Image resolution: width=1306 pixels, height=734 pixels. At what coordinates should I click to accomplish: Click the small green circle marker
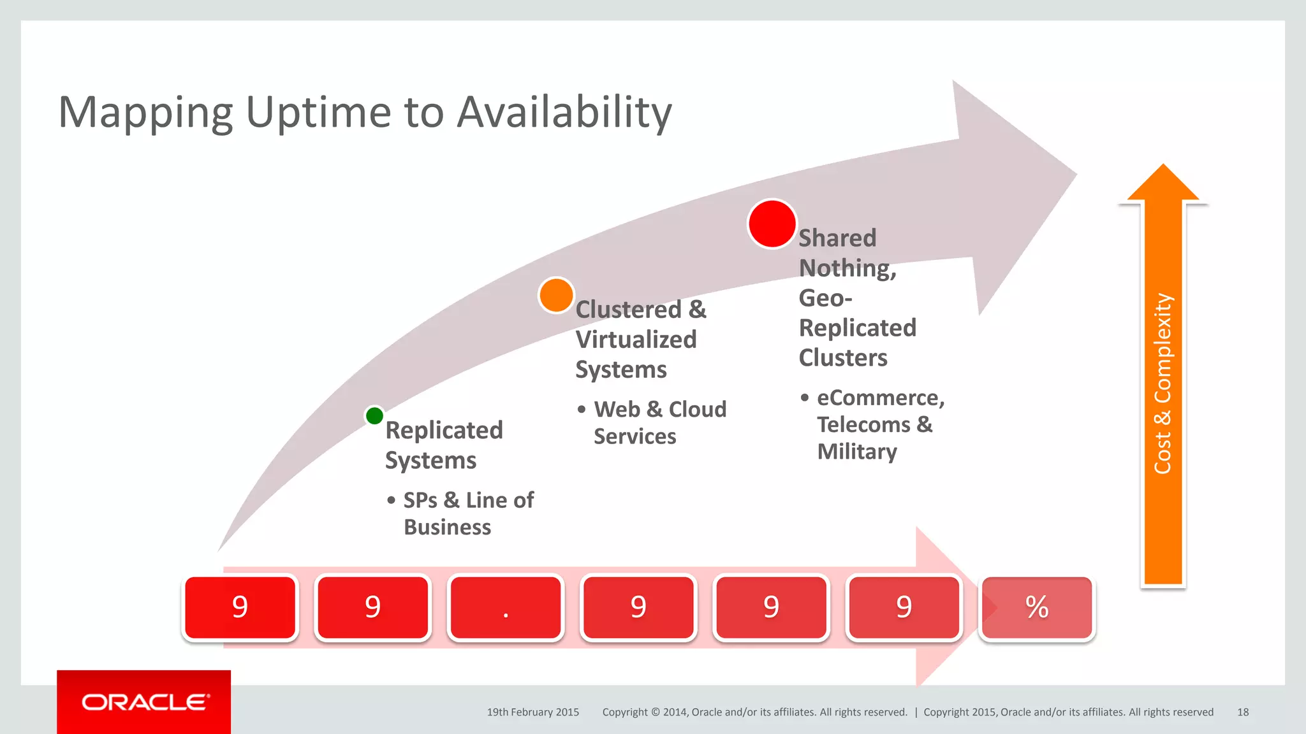[374, 416]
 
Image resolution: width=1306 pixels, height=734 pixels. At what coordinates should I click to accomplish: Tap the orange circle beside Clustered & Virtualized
[556, 295]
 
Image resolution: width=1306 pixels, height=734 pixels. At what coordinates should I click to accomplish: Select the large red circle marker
[772, 224]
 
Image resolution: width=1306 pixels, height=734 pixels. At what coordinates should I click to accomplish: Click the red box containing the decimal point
[505, 608]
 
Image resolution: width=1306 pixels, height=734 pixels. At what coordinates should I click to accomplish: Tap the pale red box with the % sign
[1037, 608]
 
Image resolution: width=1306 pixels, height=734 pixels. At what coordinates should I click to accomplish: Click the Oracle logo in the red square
[144, 702]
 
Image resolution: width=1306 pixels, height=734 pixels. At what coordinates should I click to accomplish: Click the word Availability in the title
[564, 112]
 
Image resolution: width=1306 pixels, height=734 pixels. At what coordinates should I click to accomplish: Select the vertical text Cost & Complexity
[1163, 384]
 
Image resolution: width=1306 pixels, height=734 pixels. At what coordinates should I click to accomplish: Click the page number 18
[1242, 712]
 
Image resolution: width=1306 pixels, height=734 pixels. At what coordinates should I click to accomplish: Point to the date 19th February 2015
[532, 712]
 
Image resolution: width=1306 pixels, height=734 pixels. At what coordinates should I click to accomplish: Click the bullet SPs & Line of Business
[468, 514]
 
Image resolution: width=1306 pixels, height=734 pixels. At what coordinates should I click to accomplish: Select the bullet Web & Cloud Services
[659, 422]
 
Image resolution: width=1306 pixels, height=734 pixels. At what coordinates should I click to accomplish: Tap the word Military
[856, 452]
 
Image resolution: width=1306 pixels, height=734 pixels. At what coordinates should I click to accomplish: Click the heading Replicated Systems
[443, 445]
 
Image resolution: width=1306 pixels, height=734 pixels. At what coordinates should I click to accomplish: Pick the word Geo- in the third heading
[825, 298]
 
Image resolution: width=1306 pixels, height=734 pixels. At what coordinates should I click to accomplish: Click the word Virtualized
[636, 340]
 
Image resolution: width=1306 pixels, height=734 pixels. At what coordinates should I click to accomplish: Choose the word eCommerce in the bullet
[879, 398]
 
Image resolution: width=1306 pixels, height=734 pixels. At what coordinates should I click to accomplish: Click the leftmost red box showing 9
[240, 608]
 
